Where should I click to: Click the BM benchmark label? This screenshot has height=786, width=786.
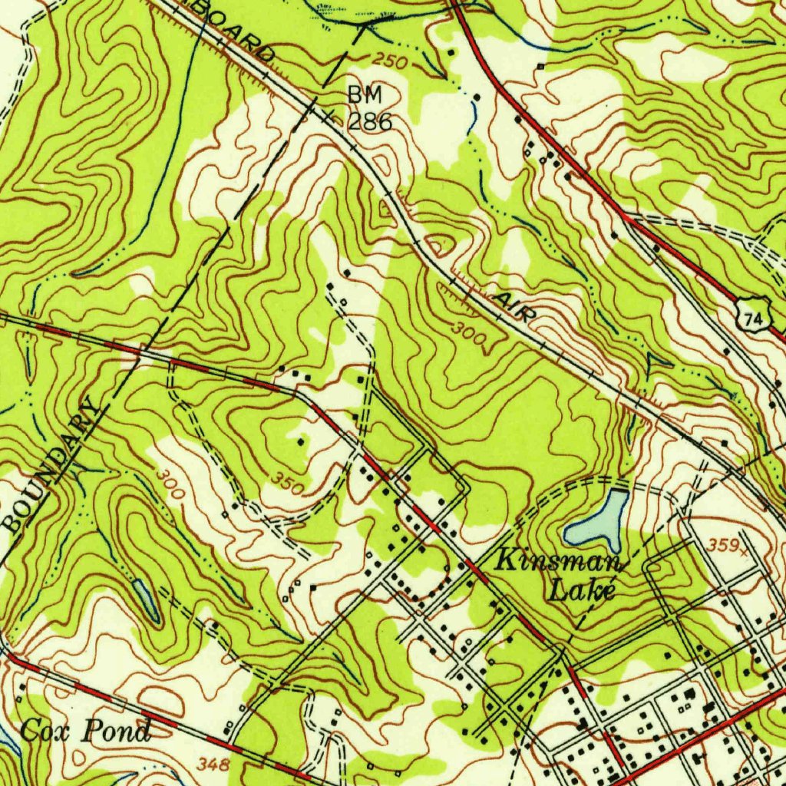point(364,95)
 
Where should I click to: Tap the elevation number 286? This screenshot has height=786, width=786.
point(370,121)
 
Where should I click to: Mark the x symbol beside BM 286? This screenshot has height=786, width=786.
point(329,117)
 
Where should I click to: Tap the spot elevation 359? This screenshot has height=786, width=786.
point(722,545)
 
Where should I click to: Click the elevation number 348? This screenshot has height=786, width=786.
point(213,764)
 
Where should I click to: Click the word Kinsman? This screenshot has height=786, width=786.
point(559,561)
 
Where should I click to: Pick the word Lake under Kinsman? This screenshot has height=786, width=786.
point(583,591)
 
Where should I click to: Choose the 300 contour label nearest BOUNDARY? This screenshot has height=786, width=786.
point(168,484)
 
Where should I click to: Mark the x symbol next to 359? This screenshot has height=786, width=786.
point(743,547)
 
